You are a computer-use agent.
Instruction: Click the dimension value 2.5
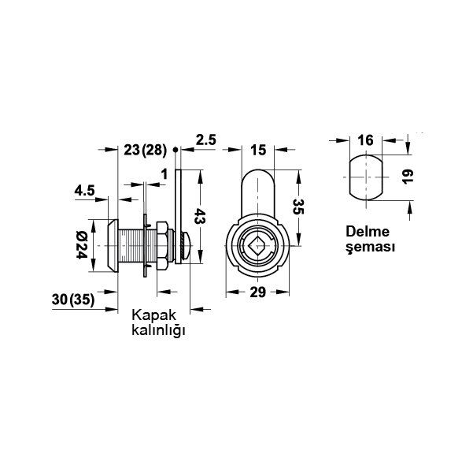(x=206, y=140)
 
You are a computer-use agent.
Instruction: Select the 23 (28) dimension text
(x=145, y=150)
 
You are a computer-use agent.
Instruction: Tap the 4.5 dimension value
(x=85, y=191)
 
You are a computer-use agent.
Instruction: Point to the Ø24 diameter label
(x=81, y=245)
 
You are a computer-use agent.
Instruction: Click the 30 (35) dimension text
(x=73, y=300)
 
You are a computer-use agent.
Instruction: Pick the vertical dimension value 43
(x=199, y=215)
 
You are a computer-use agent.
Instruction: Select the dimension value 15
(x=258, y=150)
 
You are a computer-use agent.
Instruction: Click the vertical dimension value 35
(x=298, y=207)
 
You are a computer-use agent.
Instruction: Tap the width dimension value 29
(x=257, y=292)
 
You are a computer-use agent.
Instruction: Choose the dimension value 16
(x=365, y=140)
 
